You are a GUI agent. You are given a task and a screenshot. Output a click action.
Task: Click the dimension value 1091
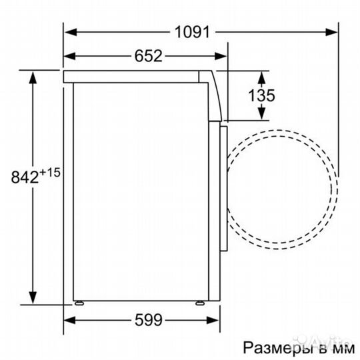pos(193,31)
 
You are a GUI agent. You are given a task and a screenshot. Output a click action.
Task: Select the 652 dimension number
pos(148,56)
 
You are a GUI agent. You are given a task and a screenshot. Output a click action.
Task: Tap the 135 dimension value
pos(262,95)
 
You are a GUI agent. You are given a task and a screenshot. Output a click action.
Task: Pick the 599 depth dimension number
pos(148,320)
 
